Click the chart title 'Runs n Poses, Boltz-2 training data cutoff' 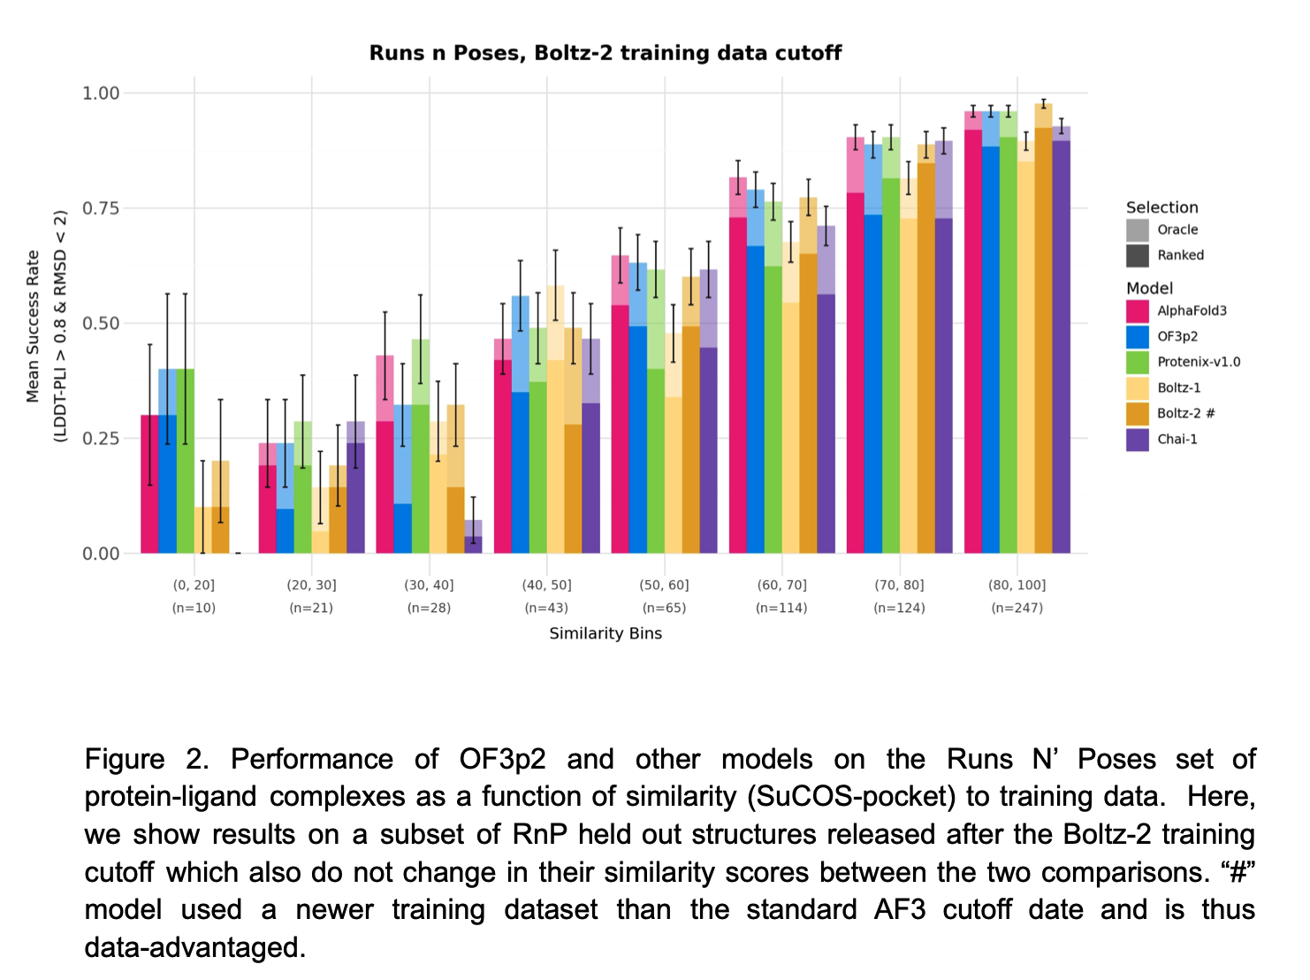point(605,53)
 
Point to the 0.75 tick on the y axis point(101,208)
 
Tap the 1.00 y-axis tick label point(101,93)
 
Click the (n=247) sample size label point(1017,608)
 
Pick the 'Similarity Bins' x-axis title point(605,633)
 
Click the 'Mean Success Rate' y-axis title point(34,325)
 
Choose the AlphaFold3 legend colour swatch point(1138,311)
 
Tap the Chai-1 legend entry point(1177,439)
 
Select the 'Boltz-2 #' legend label point(1186,413)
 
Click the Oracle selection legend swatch point(1138,230)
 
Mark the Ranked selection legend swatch point(1138,256)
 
